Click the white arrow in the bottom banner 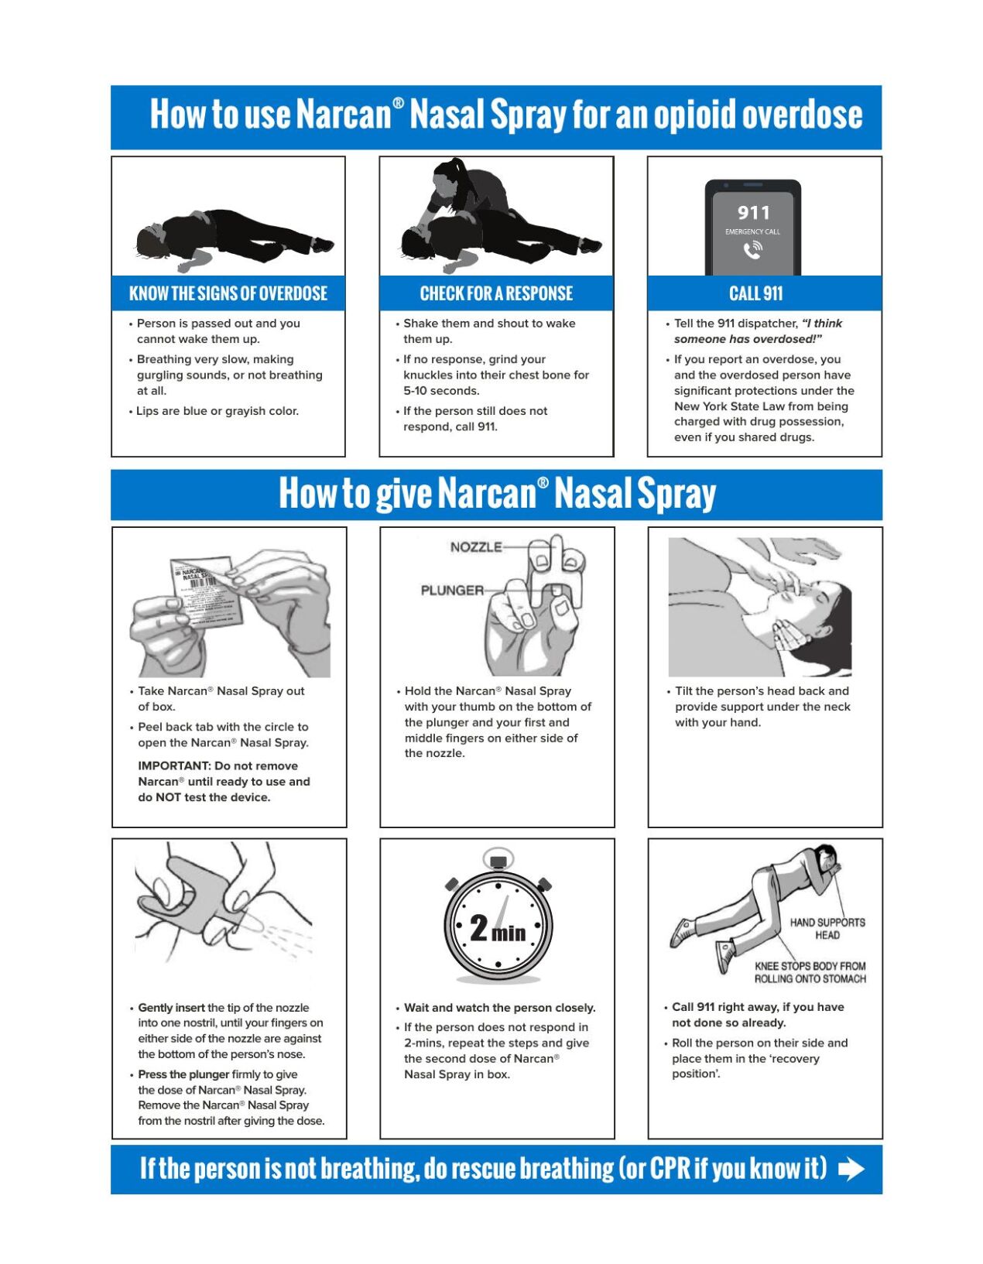point(851,1169)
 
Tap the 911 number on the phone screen point(753,213)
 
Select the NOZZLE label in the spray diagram point(476,547)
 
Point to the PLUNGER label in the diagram point(452,591)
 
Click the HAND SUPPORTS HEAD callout point(827,929)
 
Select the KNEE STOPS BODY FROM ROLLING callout point(810,973)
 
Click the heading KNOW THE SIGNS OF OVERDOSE point(228,294)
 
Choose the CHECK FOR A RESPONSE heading point(496,294)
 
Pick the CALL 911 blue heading point(756,294)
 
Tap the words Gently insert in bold point(171,1008)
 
